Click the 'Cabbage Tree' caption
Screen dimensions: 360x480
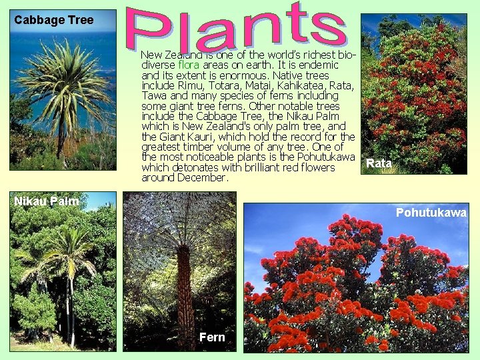pos(54,20)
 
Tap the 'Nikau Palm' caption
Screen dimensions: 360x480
pos(47,201)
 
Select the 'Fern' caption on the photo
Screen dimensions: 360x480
pos(212,337)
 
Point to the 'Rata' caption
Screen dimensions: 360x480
pos(379,163)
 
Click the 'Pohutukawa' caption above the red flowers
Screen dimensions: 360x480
pos(431,213)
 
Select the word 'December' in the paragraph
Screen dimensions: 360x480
pos(202,177)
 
